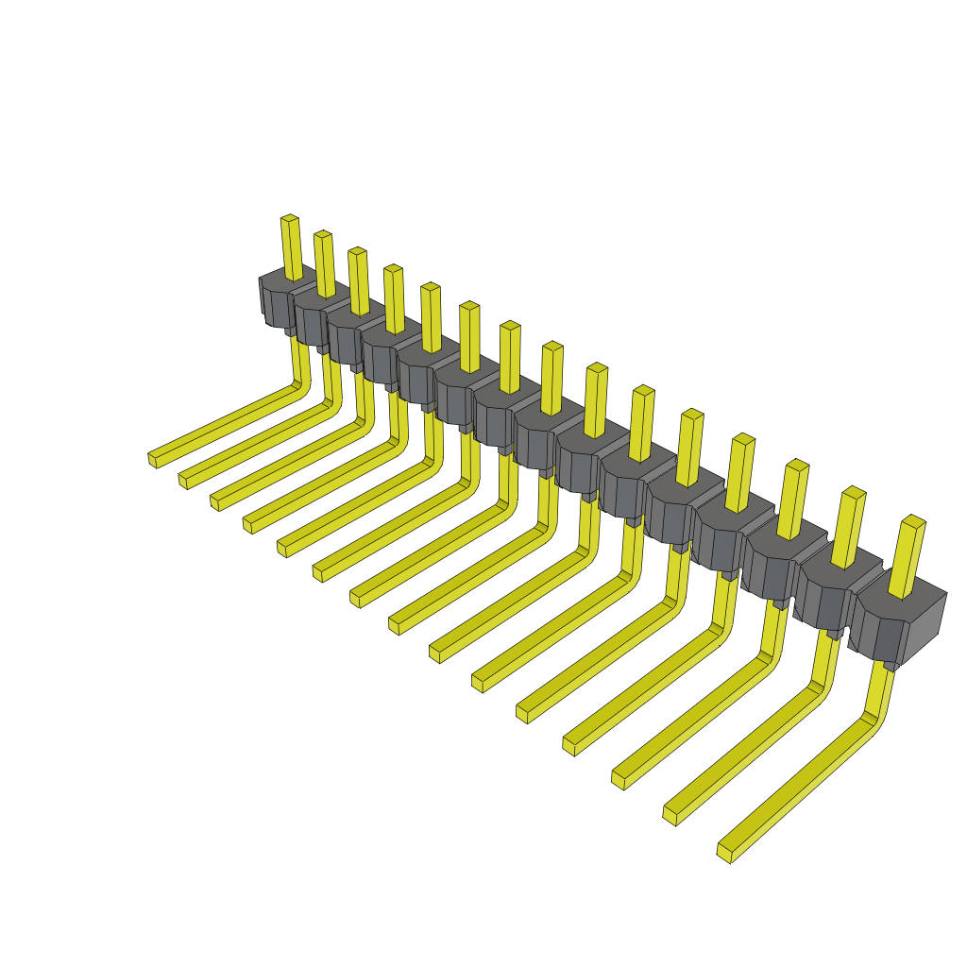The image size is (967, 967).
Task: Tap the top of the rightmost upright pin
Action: (x=913, y=520)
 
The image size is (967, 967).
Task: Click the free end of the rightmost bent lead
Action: (x=725, y=852)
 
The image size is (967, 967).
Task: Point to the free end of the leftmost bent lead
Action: (x=153, y=459)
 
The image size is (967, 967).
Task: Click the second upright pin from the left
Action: (x=324, y=263)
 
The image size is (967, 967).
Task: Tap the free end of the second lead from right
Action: (x=670, y=814)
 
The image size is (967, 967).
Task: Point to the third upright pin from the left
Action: (x=358, y=280)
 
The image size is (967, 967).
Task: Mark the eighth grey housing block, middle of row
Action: (x=540, y=436)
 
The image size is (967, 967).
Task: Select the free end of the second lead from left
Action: (x=183, y=480)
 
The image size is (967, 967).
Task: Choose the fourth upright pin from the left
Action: (x=394, y=297)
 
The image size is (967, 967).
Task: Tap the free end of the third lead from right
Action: (x=619, y=779)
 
